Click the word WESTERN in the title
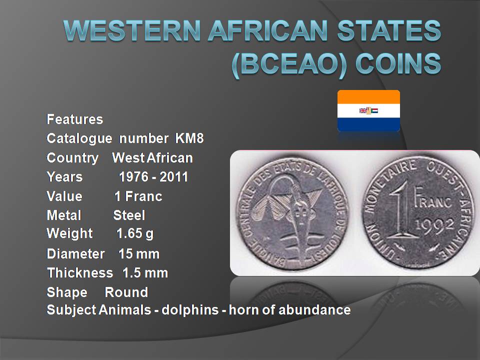point(132,30)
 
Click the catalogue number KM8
point(189,138)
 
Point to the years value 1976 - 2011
point(153,177)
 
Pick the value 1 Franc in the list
point(138,196)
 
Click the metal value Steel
point(129,215)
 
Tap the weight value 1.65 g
point(135,234)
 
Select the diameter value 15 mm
point(139,254)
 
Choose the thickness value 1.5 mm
point(145,273)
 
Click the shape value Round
point(126,292)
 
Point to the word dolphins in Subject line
point(190,310)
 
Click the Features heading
point(74,119)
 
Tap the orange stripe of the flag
point(368,97)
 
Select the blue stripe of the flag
point(368,124)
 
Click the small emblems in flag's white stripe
point(368,110)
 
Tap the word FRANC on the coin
point(432,199)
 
